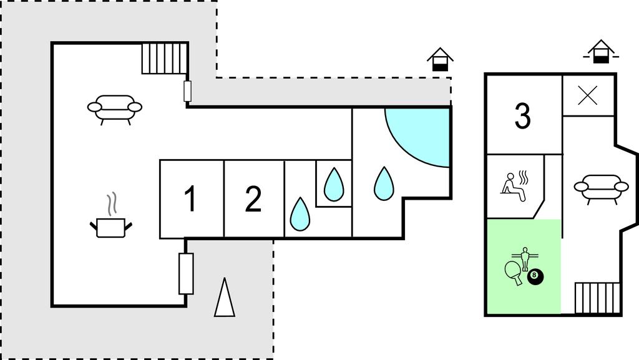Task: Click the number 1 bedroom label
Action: click(x=190, y=200)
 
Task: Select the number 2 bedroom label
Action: click(x=253, y=200)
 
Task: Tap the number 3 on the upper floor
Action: click(x=523, y=116)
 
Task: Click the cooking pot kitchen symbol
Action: click(x=112, y=225)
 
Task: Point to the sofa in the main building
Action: click(x=114, y=109)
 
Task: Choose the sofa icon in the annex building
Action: click(x=600, y=188)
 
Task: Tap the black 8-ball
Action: click(x=535, y=276)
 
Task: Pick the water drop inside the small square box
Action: click(x=334, y=183)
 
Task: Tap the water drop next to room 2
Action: click(x=300, y=213)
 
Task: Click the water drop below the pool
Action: click(x=384, y=183)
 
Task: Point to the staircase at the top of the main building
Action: click(x=164, y=59)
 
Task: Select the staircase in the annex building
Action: click(x=598, y=298)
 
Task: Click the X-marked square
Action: click(x=588, y=95)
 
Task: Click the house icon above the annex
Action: click(x=601, y=52)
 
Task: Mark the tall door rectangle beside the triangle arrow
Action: click(x=185, y=273)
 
